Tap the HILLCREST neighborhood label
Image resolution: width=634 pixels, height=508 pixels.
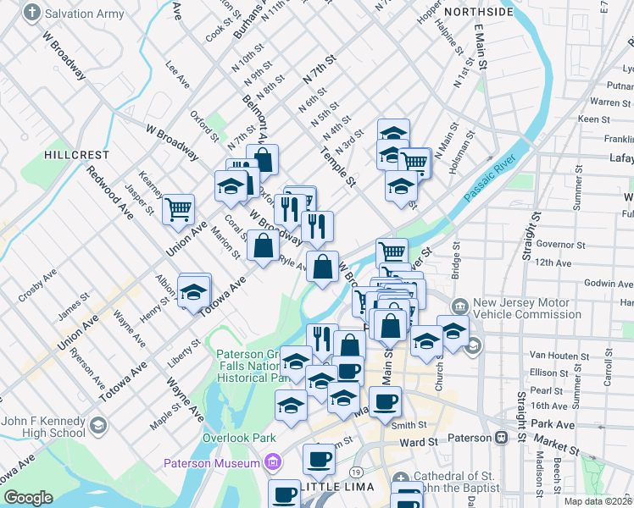tap(77, 155)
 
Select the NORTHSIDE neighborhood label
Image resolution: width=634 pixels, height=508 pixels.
tap(478, 12)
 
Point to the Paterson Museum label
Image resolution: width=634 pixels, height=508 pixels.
tap(212, 463)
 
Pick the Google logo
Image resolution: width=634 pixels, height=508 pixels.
tap(28, 498)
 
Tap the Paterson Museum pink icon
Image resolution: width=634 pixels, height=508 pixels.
tap(273, 462)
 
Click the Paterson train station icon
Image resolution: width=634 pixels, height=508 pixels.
tap(501, 438)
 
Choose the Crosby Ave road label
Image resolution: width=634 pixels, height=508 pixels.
tap(37, 284)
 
